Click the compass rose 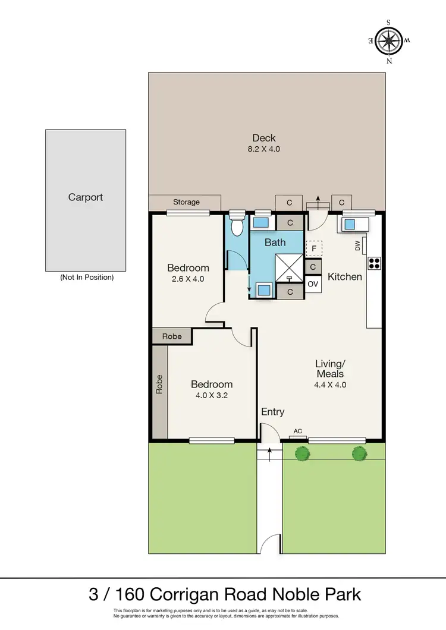[x=389, y=41]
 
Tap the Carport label [x=86, y=197]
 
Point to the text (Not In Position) [x=86, y=278]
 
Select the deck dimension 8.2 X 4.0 [x=263, y=149]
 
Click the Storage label [x=186, y=202]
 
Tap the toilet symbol [x=237, y=225]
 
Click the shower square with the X [x=289, y=265]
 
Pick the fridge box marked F [x=313, y=248]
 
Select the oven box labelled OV [x=313, y=285]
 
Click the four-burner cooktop [x=375, y=263]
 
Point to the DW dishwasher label [x=358, y=246]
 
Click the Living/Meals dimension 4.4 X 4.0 [x=329, y=385]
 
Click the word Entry [x=272, y=412]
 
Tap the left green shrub [x=303, y=453]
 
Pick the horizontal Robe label [x=172, y=336]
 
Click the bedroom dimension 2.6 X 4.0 [x=188, y=278]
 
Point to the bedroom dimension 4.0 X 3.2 [x=212, y=395]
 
